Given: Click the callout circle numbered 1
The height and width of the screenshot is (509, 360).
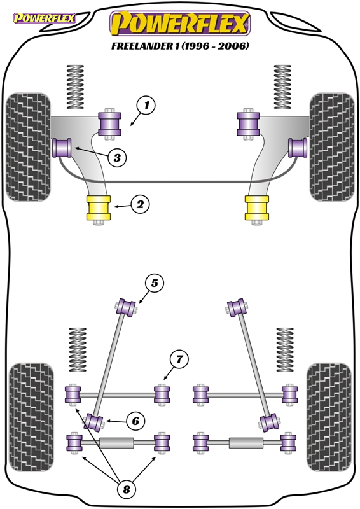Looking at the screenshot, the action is (146, 105).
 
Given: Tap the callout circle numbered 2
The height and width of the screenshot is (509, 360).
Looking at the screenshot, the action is (140, 204).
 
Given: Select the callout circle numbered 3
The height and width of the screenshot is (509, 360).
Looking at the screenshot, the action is (117, 158).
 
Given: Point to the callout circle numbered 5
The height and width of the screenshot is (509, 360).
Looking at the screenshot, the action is (154, 283).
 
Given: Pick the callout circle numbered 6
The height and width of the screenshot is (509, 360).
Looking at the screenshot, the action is (135, 421).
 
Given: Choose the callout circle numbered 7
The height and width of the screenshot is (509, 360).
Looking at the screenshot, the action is (179, 359).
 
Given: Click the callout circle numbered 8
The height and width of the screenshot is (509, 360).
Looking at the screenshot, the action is (127, 489).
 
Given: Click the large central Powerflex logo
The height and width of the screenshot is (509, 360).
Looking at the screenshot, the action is (180, 24).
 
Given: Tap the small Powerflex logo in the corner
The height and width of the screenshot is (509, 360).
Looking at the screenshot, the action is (44, 18).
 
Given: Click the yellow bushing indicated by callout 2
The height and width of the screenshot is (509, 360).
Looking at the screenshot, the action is (99, 208).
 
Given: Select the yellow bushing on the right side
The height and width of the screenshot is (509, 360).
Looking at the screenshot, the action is (257, 208).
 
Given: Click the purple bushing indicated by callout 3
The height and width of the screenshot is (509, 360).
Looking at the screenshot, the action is (62, 148).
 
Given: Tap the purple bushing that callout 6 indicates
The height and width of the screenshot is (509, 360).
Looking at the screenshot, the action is (94, 422).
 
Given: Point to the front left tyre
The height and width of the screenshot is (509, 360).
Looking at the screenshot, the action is (28, 147).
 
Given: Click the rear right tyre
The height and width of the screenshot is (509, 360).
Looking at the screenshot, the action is (329, 417).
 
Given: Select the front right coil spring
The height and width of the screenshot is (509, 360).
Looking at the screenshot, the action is (282, 87).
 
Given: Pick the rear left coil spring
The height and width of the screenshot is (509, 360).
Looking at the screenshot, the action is (78, 349).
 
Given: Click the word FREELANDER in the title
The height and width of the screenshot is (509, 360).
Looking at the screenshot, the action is (145, 46).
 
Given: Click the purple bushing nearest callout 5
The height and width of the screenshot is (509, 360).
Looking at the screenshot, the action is (127, 307).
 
